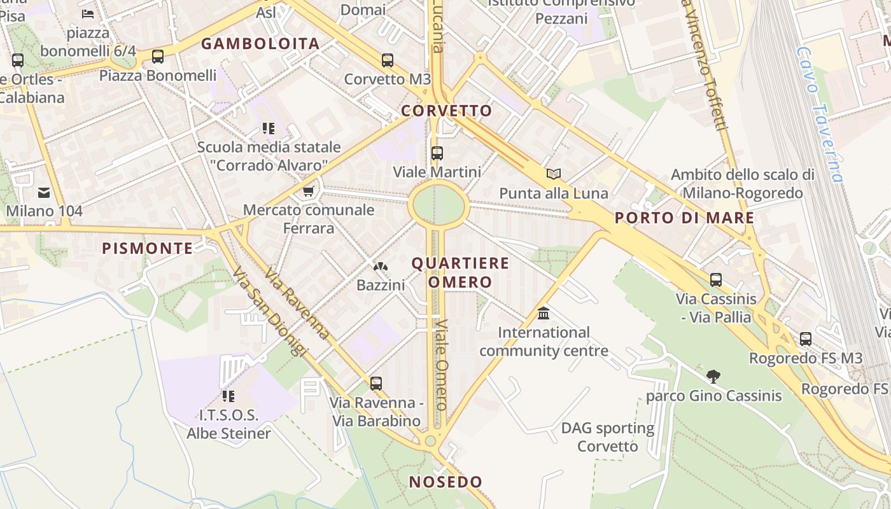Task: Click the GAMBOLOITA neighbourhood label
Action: pos(260,44)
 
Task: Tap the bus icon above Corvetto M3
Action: pos(388,60)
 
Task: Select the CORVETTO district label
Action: pos(447,111)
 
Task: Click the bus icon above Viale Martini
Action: pos(437,153)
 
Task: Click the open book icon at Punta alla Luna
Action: pos(554,174)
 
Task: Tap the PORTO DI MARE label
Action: pos(684,218)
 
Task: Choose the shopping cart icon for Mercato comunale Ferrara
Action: pos(309,191)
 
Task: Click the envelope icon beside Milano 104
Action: pos(44,192)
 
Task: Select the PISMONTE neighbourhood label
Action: pos(147,249)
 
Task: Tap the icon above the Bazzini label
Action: pos(381,268)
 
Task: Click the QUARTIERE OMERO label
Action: pos(460,272)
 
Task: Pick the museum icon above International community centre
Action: pos(544,314)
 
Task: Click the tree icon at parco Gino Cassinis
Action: pos(713,377)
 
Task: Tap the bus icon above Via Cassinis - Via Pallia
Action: pos(716,280)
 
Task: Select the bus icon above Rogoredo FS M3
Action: pos(806,339)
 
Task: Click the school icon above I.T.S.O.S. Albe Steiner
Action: pos(228,396)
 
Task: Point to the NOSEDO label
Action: pos(445,482)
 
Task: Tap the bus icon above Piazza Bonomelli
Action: pos(158,57)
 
